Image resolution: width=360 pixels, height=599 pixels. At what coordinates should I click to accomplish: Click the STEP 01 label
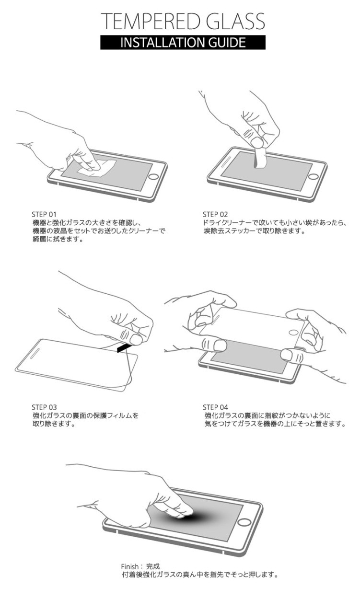coord(44,214)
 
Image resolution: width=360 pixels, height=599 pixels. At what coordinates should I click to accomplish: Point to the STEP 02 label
coord(215,214)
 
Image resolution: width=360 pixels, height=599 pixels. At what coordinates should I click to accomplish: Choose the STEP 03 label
coord(44,407)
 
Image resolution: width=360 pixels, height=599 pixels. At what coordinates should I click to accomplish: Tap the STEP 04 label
coord(215,407)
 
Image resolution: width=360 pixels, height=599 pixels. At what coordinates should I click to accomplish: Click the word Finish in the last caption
coord(130,566)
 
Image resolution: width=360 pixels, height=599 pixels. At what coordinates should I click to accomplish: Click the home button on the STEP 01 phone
coord(153,176)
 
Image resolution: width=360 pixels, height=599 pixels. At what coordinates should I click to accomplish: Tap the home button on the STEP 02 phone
coord(313,176)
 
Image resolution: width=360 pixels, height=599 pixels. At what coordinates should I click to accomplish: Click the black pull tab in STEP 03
coord(124,348)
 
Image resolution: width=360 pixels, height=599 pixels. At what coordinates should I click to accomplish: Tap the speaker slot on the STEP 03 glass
coord(36,353)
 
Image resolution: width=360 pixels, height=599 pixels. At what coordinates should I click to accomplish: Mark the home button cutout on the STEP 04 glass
coord(294,333)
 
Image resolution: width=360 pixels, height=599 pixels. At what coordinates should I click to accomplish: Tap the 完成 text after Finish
coord(153,566)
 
